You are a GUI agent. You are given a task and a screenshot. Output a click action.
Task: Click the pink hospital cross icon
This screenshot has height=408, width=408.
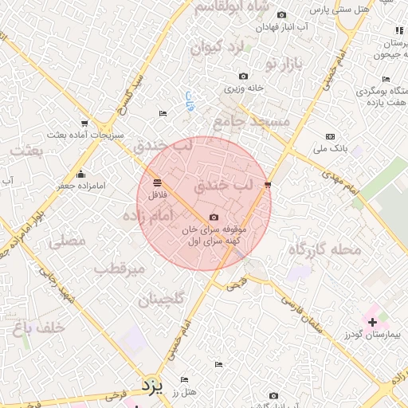point(372,322)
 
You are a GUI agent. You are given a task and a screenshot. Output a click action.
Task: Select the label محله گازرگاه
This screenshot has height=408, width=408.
point(326,250)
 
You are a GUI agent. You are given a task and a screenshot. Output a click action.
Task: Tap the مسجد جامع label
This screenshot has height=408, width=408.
point(244,120)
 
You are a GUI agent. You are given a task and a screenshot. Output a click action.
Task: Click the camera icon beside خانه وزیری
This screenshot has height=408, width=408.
point(243,76)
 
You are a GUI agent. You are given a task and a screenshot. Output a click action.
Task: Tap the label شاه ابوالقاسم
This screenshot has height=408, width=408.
point(222,7)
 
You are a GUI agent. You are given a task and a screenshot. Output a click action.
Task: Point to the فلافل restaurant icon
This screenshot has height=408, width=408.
point(157,182)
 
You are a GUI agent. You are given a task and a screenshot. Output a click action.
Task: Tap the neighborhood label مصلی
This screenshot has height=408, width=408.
point(67,241)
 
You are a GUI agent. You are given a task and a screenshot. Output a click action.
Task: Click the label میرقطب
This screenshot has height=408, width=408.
point(120,269)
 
